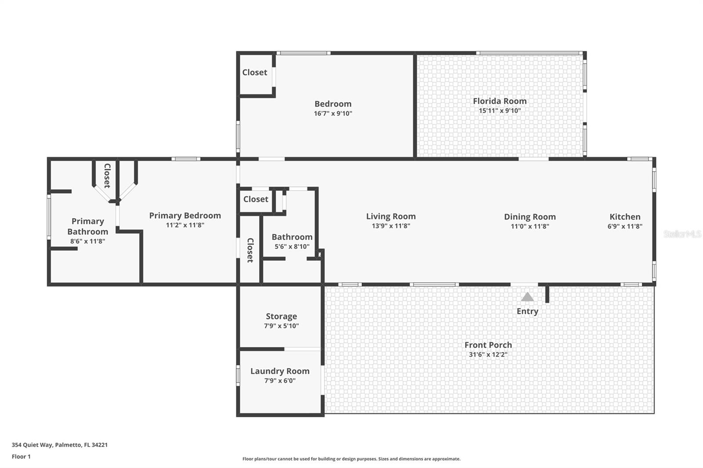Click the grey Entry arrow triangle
point(527,297)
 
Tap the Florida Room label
point(500,101)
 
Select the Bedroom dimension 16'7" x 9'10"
point(333,113)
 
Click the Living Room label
point(391,216)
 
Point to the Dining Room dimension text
point(529,227)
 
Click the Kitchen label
point(625,216)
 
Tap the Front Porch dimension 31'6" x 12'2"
point(488,355)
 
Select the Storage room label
point(281,316)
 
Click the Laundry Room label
point(280,371)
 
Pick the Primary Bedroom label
point(185,215)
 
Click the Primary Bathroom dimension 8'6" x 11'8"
point(87,241)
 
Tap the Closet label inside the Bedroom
point(254,72)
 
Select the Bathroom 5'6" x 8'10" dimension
point(292,247)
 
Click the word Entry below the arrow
point(527,311)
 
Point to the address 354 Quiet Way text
point(59,445)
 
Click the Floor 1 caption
point(21,457)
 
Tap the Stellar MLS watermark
point(682,234)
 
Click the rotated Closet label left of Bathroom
point(250,250)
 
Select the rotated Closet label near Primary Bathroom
point(107,176)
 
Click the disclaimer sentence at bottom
point(351,459)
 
